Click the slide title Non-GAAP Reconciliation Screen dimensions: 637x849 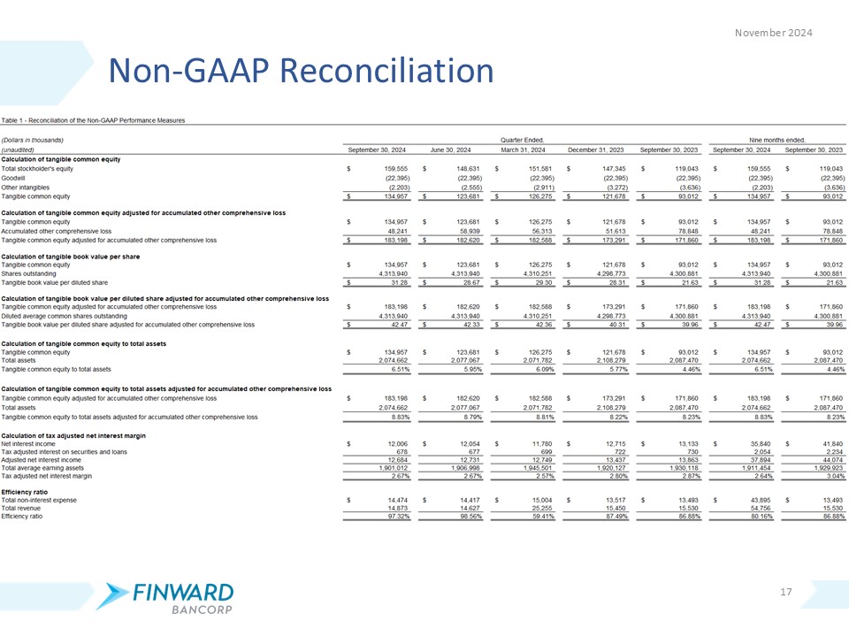pos(300,71)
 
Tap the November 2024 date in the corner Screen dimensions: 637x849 pos(774,33)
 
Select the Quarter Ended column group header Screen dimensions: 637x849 pos(522,140)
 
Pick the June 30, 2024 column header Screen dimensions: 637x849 pos(448,150)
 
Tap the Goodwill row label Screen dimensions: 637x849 pos(16,178)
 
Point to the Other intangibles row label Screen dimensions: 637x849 pos(26,188)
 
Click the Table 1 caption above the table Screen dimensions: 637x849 pos(93,119)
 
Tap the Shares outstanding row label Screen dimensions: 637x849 pos(29,273)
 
